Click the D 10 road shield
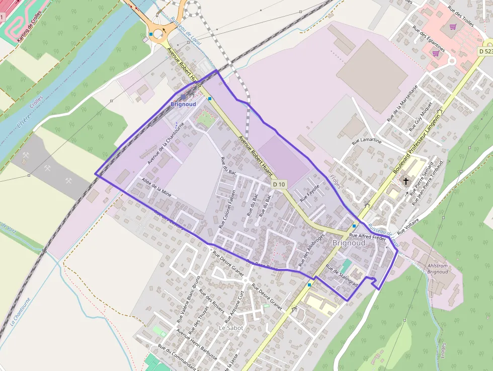279,185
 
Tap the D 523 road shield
484,51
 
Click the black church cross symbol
406,181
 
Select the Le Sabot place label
231,328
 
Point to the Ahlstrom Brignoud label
437,269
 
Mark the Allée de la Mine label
157,186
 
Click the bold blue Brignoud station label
183,104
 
